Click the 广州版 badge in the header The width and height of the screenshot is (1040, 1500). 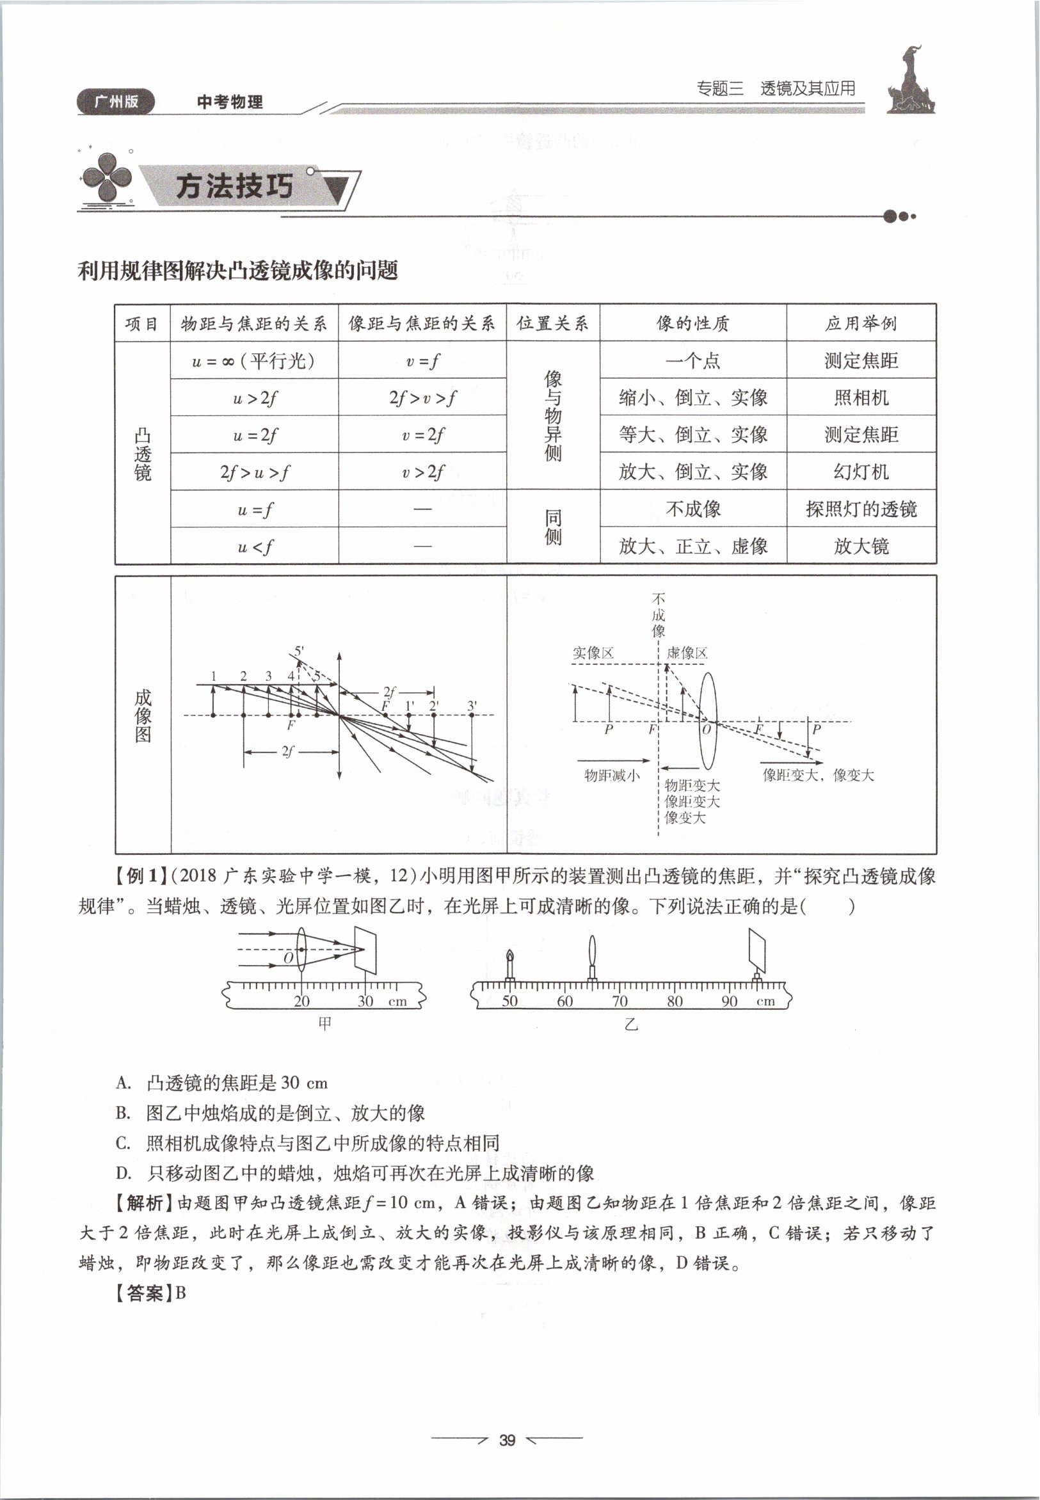click(116, 101)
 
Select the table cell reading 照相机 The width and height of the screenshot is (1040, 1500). click(861, 397)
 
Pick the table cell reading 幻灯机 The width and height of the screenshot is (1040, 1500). click(861, 472)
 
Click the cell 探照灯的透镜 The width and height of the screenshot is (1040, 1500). click(861, 509)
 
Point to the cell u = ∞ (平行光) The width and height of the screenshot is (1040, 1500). click(254, 360)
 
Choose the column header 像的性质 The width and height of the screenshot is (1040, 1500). click(692, 323)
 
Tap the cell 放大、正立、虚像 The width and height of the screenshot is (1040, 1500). click(692, 546)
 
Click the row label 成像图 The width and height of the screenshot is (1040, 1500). click(143, 715)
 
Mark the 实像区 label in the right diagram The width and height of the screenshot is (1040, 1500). click(593, 653)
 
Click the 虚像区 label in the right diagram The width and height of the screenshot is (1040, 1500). click(687, 653)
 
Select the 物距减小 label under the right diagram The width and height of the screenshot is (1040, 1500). click(611, 776)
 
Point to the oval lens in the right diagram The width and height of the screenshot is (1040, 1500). click(708, 722)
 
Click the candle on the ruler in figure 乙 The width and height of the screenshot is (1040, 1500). click(510, 966)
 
